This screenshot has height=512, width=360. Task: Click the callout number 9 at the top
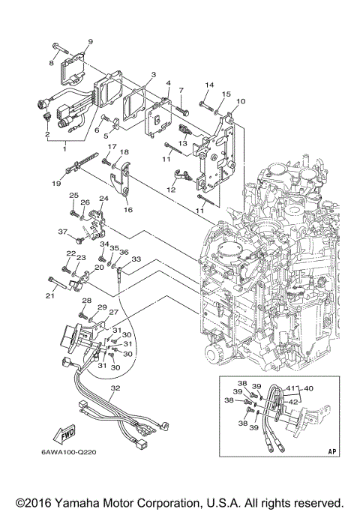90,41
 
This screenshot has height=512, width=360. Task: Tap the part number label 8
52,64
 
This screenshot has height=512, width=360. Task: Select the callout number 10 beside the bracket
240,100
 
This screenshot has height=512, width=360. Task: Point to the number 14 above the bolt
209,85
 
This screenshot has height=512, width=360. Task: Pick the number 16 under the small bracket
128,211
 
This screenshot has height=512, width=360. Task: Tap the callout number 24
104,199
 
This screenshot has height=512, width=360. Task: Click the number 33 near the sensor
136,259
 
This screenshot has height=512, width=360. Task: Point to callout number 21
51,296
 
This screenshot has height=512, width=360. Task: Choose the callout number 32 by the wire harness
115,388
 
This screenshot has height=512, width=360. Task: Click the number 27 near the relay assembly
114,313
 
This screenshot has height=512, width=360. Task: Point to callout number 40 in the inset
309,388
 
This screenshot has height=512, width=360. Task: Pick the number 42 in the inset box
293,402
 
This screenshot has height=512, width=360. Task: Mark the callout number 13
182,142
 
